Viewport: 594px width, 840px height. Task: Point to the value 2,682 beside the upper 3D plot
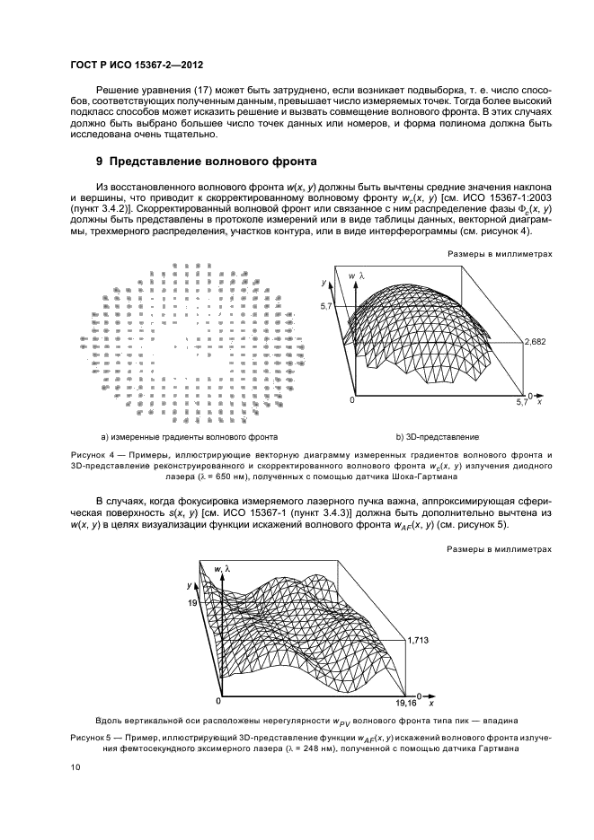click(536, 341)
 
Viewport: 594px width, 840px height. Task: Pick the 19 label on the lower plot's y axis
click(191, 605)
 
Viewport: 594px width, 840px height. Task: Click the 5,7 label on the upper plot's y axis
click(325, 307)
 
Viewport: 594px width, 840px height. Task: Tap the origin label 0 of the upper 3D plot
click(352, 400)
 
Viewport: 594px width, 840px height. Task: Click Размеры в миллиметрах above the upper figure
click(500, 254)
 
